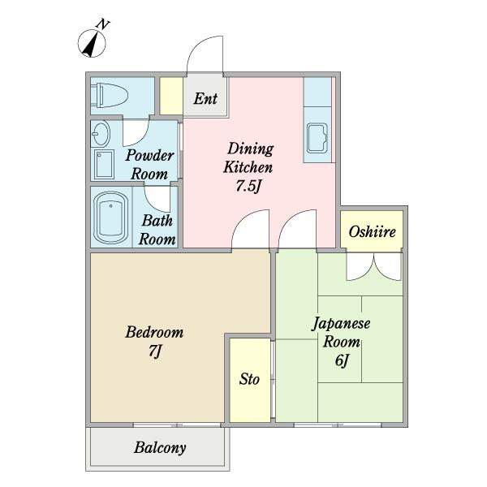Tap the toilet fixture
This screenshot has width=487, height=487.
pos(110,97)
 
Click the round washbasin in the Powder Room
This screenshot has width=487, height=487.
pos(102,132)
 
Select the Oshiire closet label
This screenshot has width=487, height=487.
pos(372,232)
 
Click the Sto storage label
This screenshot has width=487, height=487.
pos(249,379)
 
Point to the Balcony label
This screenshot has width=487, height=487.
pos(160,447)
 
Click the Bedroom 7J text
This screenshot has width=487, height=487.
pos(153,342)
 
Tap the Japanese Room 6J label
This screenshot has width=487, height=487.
pos(341,341)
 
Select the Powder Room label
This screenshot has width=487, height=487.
pos(149,164)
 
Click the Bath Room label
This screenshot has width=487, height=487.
pos(157,229)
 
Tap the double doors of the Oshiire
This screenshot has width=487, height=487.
pos(373,266)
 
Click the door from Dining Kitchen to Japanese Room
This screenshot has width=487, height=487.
pos(296,229)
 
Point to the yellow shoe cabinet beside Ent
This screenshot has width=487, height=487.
pos(170,96)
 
